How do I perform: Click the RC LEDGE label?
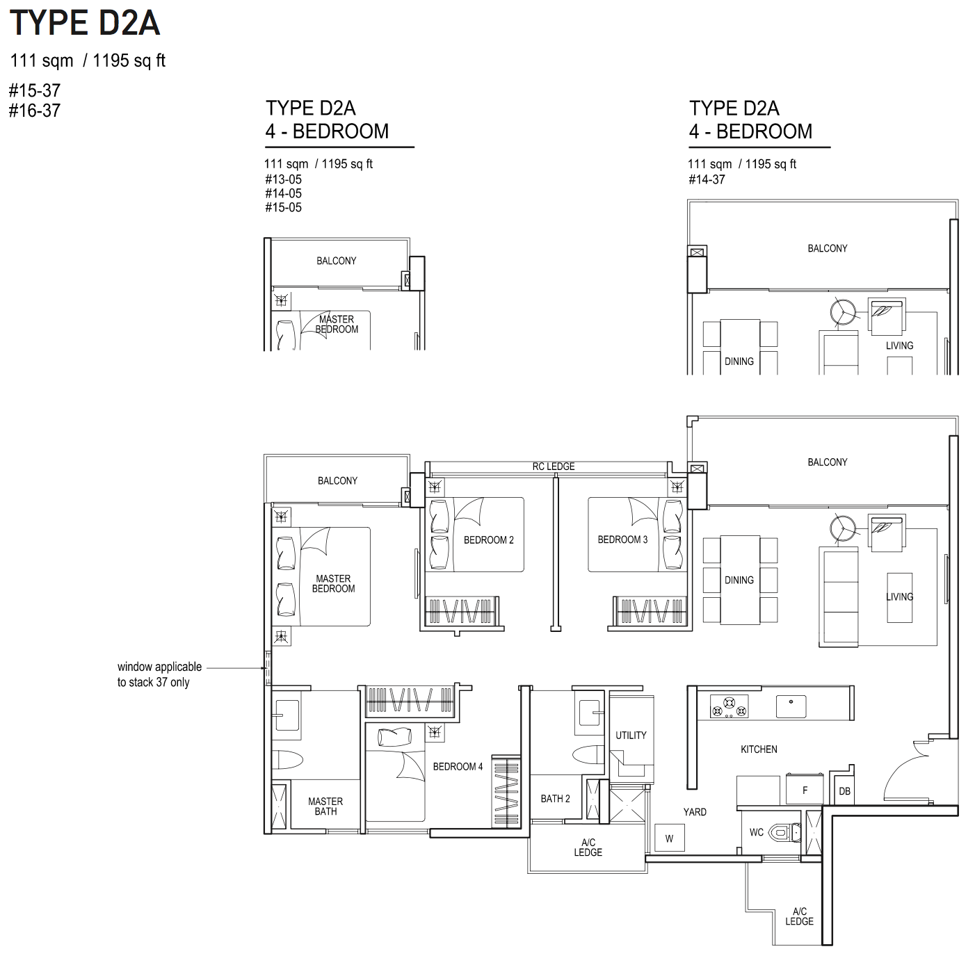tap(553, 466)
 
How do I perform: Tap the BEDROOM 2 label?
tap(488, 540)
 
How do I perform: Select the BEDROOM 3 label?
tap(622, 539)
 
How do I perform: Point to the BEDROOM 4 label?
tap(458, 767)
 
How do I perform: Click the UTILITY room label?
tap(631, 736)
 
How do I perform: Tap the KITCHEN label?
tap(759, 749)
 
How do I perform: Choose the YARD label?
tap(695, 812)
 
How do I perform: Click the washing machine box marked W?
tap(670, 838)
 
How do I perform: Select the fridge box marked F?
tap(805, 790)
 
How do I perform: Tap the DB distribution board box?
tap(844, 791)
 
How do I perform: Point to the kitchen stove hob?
tap(729, 706)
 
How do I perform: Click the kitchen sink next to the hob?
tap(791, 706)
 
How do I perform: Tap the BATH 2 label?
tap(555, 799)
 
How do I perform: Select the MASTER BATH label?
tap(325, 806)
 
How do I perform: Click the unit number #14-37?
tap(707, 179)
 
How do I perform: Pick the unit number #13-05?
tap(283, 179)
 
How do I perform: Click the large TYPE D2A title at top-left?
tap(85, 23)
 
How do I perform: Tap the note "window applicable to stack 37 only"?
tap(159, 674)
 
